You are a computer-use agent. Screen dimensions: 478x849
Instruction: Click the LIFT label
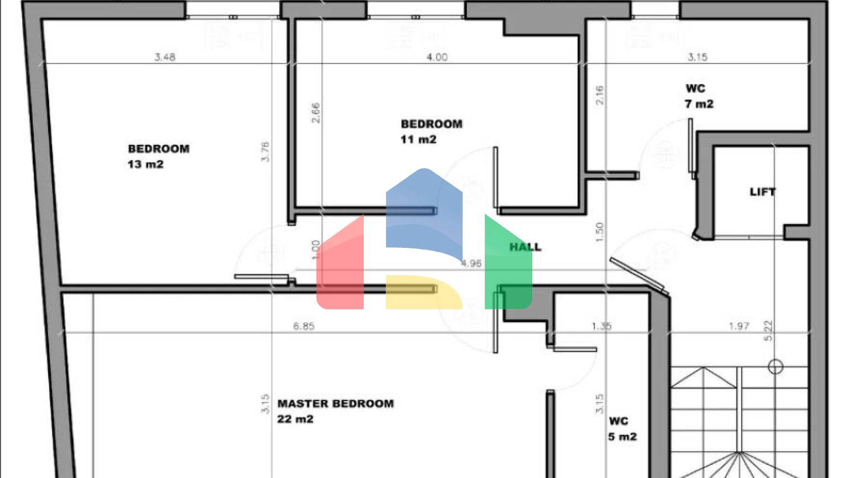[763, 192]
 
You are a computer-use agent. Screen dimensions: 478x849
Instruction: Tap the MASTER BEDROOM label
[336, 404]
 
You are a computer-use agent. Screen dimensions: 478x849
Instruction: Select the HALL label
[525, 247]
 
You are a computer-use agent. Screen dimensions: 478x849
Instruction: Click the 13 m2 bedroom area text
[145, 164]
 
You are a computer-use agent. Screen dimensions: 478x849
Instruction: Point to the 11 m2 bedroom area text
[418, 139]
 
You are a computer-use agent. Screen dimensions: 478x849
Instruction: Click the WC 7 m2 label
[699, 96]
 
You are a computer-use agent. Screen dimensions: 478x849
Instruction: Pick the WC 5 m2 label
[622, 429]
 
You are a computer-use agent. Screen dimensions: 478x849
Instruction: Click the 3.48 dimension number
[165, 57]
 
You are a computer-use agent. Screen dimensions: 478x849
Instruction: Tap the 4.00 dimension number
[437, 57]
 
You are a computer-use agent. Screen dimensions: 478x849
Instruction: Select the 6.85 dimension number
[303, 326]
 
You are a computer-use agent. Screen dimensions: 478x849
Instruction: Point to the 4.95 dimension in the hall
[471, 264]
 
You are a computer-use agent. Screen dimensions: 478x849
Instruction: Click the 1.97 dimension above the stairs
[738, 326]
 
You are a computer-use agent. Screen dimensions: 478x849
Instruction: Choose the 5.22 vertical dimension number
[768, 331]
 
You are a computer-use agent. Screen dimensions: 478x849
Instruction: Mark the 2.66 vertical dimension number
[316, 113]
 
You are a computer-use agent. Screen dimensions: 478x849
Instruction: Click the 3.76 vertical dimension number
[265, 152]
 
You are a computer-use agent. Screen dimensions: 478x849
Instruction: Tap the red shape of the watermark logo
[340, 266]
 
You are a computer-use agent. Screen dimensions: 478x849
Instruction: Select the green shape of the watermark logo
[507, 266]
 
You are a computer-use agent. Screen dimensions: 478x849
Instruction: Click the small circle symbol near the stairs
[775, 366]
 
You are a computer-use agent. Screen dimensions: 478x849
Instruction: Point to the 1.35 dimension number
[601, 326]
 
